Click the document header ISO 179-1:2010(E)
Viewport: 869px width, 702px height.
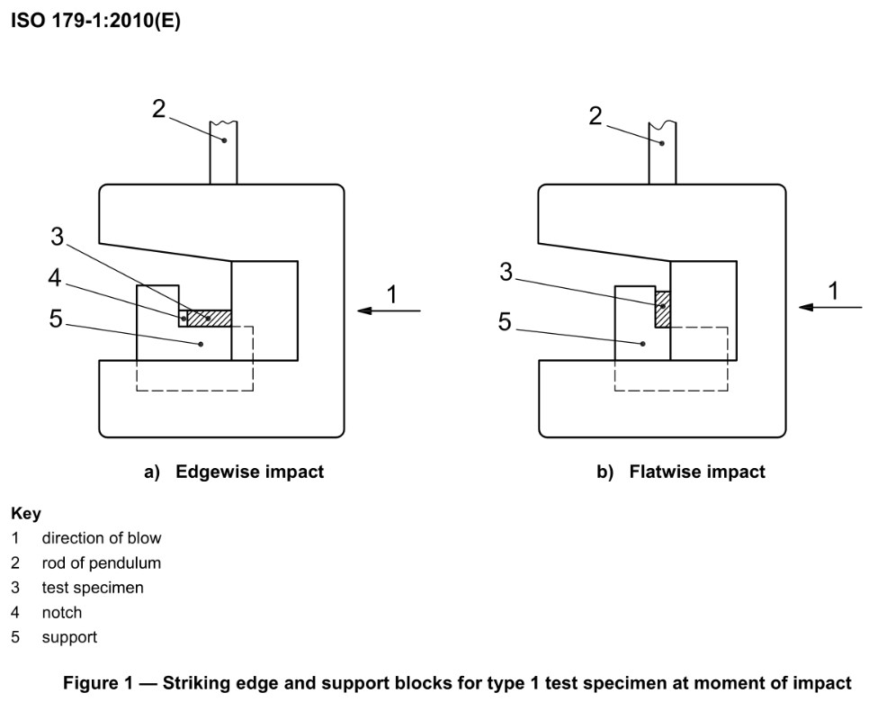(x=95, y=22)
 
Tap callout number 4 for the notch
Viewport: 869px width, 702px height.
(x=56, y=278)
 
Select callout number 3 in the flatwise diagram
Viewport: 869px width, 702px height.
(x=506, y=272)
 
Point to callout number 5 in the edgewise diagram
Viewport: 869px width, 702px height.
(x=56, y=319)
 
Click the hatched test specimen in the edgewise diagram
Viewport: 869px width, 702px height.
(x=210, y=318)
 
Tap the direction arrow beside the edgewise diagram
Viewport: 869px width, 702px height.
(x=389, y=311)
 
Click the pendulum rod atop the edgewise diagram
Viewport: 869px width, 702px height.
(x=223, y=153)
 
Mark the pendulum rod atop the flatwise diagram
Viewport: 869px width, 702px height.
(x=662, y=153)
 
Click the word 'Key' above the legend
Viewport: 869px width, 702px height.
(x=26, y=514)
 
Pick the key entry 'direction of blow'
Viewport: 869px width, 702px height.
(x=101, y=538)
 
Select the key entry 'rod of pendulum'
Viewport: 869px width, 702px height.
(x=101, y=563)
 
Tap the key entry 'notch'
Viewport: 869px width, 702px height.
(x=61, y=613)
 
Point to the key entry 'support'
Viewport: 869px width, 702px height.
(x=68, y=637)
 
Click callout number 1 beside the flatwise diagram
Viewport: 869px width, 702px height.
(x=833, y=290)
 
